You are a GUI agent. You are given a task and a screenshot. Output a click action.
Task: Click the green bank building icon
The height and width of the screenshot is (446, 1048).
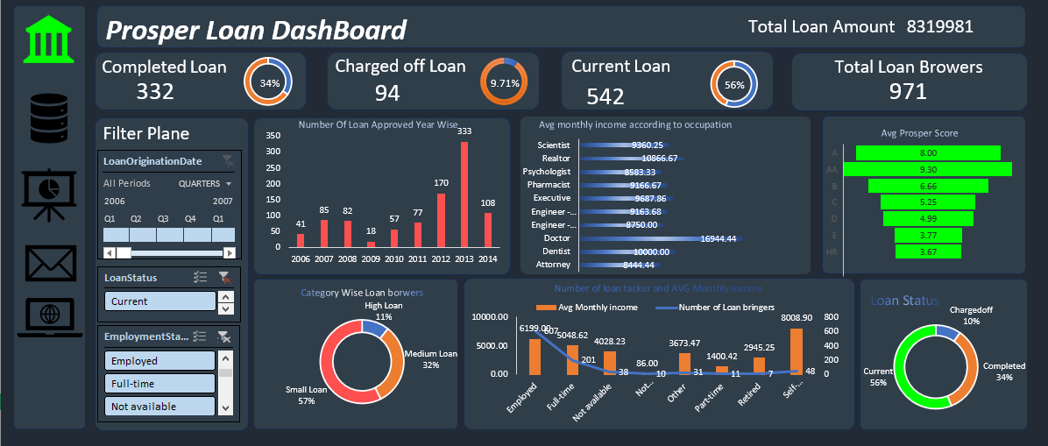(49, 38)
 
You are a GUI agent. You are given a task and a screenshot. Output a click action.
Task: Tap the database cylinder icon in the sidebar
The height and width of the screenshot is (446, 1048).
(48, 118)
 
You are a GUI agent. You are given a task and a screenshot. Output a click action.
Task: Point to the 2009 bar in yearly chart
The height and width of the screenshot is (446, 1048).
(371, 244)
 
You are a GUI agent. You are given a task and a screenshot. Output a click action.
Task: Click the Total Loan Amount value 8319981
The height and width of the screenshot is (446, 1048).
(939, 26)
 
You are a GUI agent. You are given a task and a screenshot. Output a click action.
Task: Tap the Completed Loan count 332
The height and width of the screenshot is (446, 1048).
(155, 91)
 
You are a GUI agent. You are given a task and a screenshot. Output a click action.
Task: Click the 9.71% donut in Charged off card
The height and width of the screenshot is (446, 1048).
(504, 83)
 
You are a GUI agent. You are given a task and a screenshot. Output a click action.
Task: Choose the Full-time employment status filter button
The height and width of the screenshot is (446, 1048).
(159, 384)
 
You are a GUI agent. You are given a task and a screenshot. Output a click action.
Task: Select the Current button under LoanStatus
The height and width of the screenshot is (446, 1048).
(159, 301)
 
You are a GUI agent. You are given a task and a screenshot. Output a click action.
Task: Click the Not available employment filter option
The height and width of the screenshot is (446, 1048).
(159, 407)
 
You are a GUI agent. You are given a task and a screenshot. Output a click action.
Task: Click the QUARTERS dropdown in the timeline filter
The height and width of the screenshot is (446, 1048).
(205, 184)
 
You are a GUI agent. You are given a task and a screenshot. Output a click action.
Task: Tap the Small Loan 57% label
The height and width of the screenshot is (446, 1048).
(306, 395)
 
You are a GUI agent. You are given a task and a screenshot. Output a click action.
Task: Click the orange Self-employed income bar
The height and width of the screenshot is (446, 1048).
(796, 350)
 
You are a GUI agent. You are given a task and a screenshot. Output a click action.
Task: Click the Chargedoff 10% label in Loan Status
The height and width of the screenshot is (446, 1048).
(970, 315)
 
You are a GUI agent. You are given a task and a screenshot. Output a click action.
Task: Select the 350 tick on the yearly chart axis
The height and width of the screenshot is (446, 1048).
(273, 136)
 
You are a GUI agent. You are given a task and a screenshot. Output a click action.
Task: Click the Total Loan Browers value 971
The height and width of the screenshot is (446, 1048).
(907, 91)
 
